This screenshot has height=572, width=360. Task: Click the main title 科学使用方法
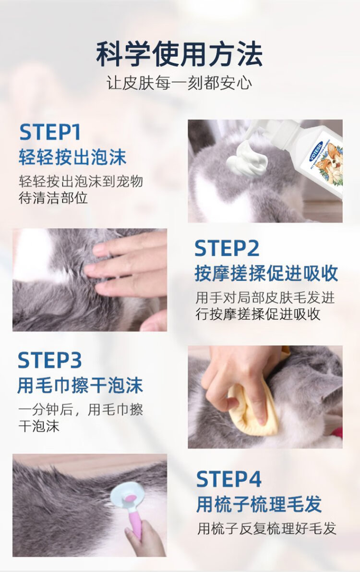click(x=180, y=54)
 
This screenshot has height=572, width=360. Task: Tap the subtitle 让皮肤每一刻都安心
click(x=179, y=83)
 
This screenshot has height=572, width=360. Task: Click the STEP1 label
click(x=49, y=132)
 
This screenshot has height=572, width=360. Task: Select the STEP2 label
click(x=227, y=248)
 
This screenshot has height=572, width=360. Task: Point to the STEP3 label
click(x=49, y=360)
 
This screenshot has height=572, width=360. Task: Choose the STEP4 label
click(x=229, y=479)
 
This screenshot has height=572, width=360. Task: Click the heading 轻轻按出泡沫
click(x=72, y=157)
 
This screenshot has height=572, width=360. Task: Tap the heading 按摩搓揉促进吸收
click(x=266, y=274)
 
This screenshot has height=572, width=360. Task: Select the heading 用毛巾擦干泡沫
click(x=80, y=386)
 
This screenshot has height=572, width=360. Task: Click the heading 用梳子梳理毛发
click(x=259, y=504)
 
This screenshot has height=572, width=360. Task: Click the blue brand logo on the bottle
click(x=316, y=150)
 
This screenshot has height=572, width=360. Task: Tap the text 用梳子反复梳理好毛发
click(x=266, y=528)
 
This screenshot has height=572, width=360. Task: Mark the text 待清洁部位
click(x=53, y=198)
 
